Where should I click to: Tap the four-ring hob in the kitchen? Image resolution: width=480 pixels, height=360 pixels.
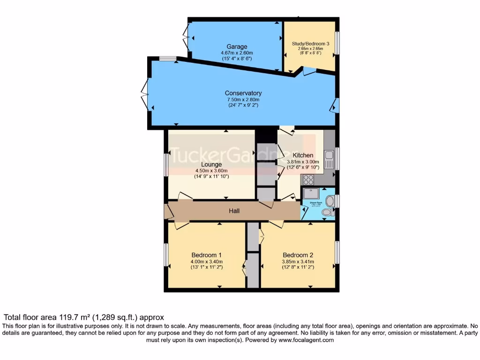[x=309, y=179]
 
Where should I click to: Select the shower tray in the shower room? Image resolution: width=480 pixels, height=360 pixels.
[x=311, y=194]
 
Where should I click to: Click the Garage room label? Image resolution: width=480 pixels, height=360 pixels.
[x=237, y=47]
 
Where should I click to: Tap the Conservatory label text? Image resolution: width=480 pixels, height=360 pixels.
[x=243, y=93]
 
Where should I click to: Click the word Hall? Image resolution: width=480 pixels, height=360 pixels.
[x=234, y=211]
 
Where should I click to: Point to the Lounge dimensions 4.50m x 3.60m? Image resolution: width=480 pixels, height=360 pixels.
[x=211, y=171]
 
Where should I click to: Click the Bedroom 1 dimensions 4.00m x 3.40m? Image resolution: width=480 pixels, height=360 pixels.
[x=206, y=262]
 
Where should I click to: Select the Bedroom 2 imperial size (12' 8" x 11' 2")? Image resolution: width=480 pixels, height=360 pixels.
[x=298, y=267]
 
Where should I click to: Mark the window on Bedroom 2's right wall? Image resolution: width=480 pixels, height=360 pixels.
[x=337, y=255]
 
